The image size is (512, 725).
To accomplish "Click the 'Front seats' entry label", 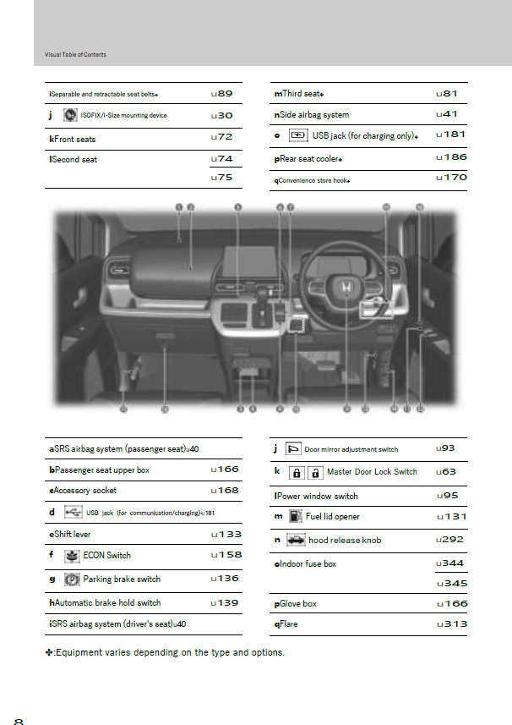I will point(74,138).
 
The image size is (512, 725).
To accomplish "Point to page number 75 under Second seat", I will point(224,177).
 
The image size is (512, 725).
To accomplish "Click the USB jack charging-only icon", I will point(297,135).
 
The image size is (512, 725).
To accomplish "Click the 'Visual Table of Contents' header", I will point(75,55).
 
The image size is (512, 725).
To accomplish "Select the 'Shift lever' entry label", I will point(73,535).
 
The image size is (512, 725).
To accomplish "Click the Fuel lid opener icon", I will point(293,515).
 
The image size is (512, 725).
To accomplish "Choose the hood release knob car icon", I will point(296,540).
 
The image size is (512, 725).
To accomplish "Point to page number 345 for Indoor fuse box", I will point(452,583).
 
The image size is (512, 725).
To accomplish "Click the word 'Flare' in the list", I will point(289,624).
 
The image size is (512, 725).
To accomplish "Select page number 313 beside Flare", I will point(452,624).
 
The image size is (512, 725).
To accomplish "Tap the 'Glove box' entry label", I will point(298,603).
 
